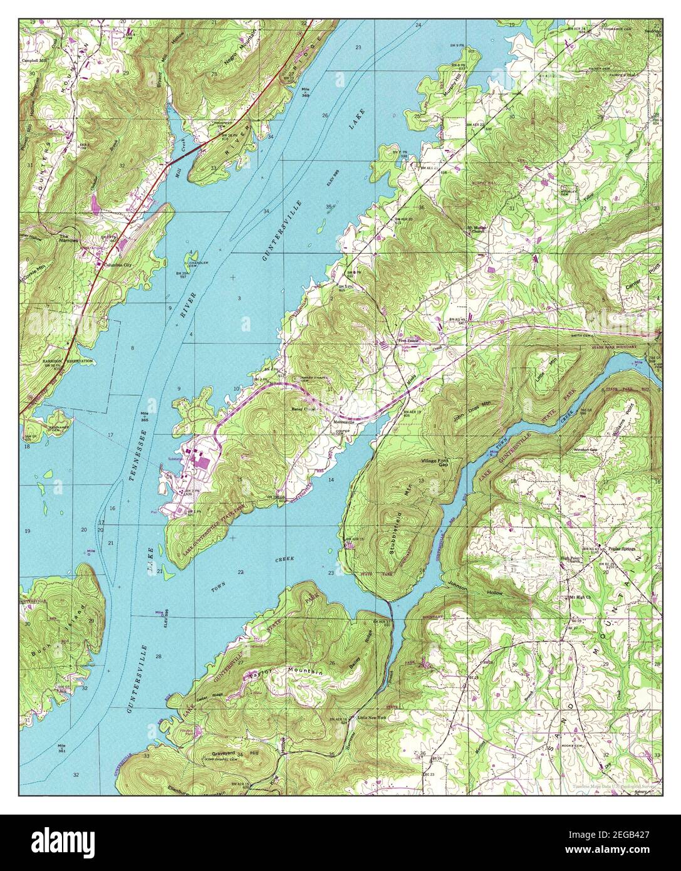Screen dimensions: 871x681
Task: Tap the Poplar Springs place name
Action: click(x=617, y=548)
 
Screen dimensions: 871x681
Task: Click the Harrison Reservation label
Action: click(x=68, y=362)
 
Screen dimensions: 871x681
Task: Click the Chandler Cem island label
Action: click(x=196, y=264)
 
